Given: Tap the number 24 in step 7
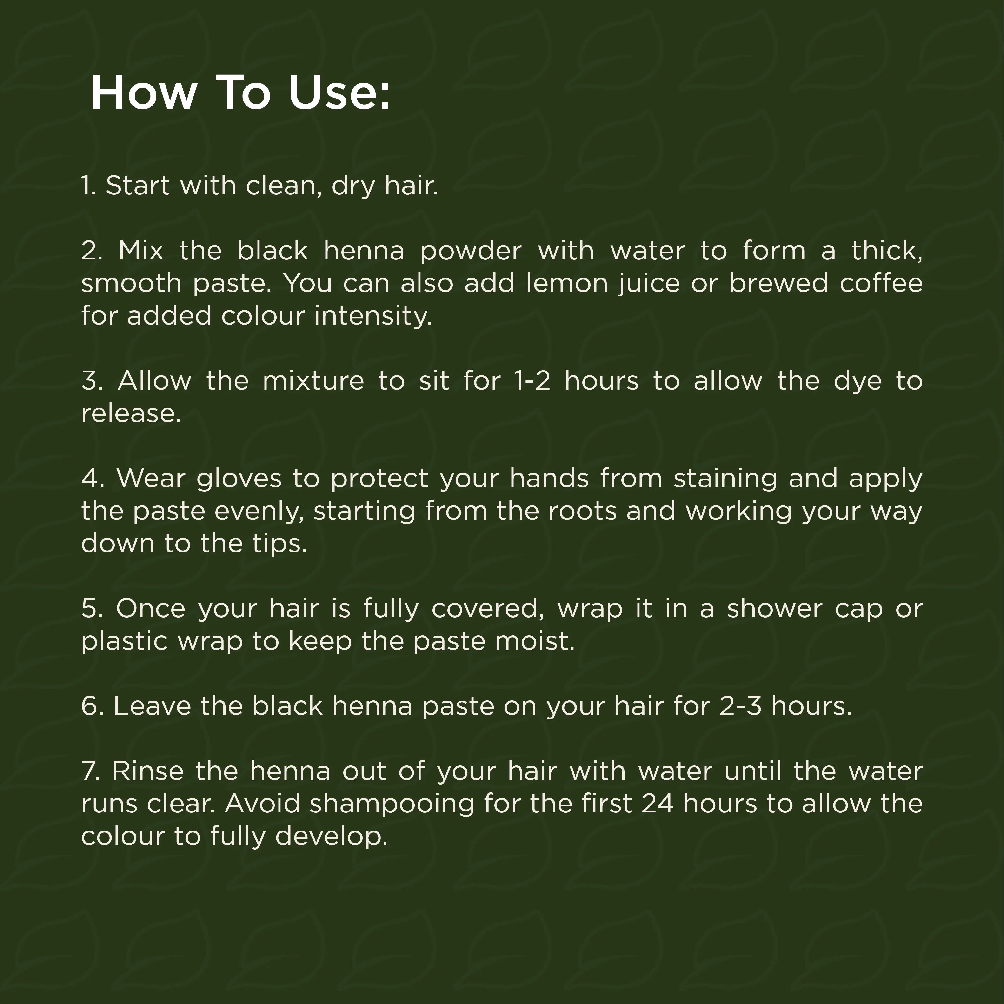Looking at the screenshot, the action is pos(657,804).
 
